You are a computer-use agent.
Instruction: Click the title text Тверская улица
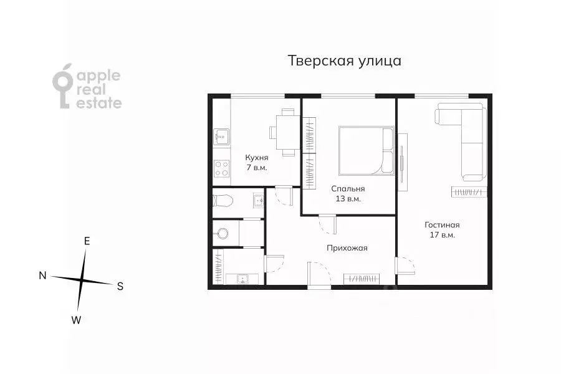344,61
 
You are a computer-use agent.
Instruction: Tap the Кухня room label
257,158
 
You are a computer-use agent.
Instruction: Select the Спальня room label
348,188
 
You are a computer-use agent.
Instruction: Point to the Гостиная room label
442,224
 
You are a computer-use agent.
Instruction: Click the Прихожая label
347,247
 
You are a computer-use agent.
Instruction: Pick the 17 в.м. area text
442,235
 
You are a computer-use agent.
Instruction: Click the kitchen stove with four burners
221,167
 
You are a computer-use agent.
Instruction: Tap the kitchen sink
221,134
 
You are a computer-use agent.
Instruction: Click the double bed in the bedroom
365,150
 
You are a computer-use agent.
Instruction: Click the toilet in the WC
221,200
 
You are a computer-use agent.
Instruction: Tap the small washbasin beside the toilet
258,200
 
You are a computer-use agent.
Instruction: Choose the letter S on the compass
120,287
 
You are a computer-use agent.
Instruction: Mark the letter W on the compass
76,320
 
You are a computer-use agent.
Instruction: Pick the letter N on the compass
42,276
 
